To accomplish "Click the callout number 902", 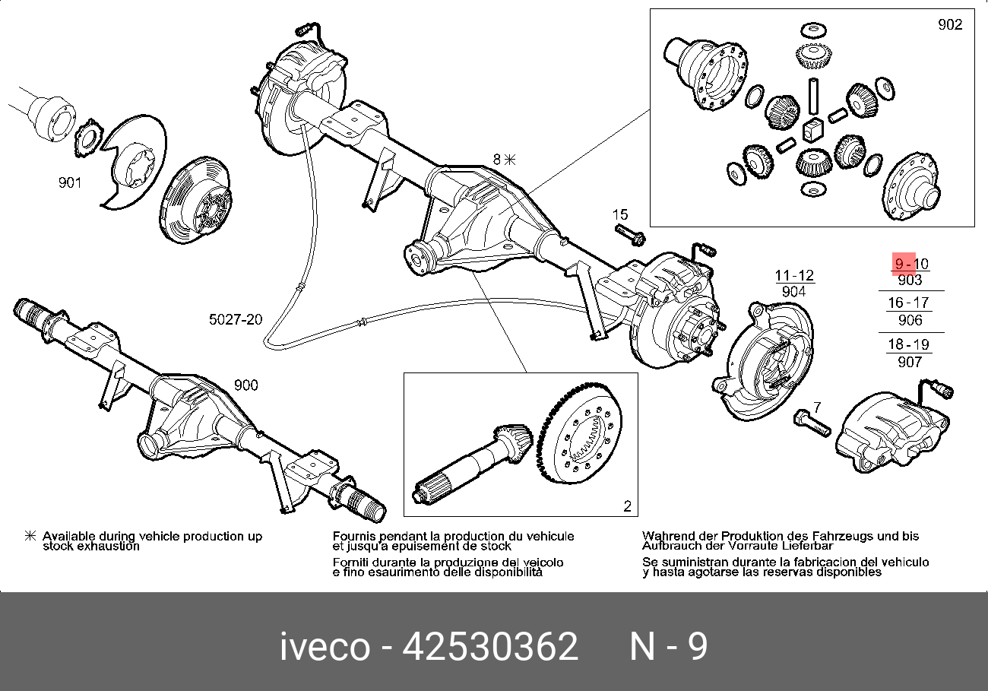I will [949, 24].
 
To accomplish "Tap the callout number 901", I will [69, 182].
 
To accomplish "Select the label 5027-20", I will [236, 319].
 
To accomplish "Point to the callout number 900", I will [245, 385].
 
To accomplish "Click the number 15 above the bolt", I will [620, 214].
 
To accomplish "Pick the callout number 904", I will [793, 292].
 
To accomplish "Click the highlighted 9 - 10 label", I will [910, 264].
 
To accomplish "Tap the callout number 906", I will [910, 321].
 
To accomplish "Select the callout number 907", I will [910, 362].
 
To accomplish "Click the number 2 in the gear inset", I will [627, 506].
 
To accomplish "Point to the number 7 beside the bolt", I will [817, 407].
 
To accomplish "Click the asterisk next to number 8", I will [510, 160].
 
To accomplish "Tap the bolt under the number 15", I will [629, 234].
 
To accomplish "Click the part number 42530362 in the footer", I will [490, 647].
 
